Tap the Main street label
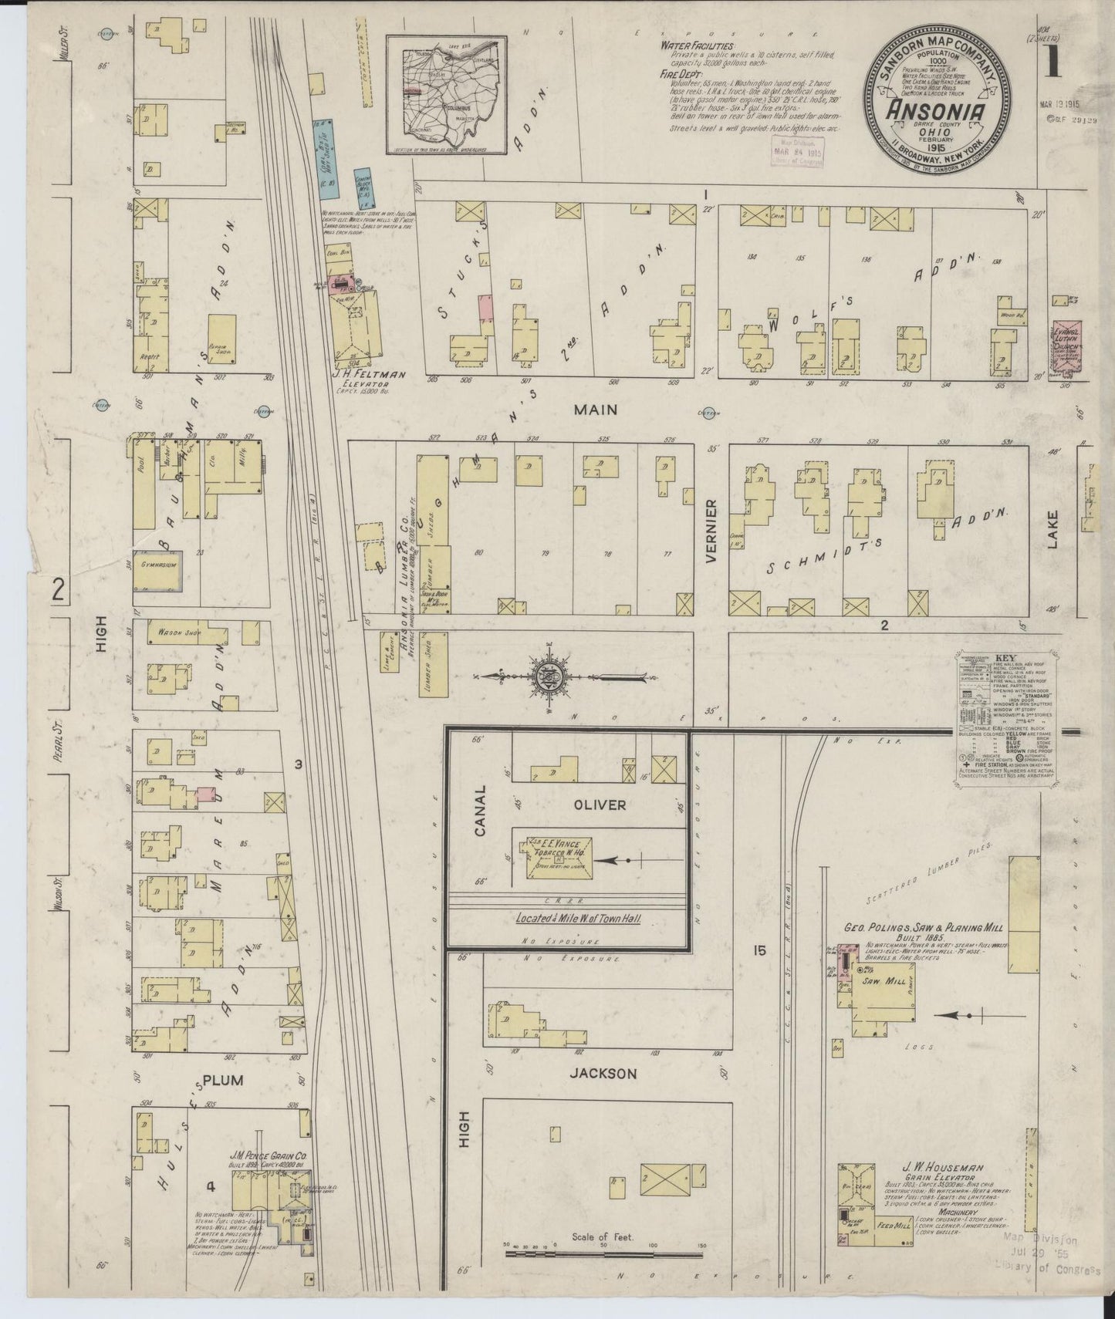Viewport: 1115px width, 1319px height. [595, 409]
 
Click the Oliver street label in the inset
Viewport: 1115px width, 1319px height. [600, 805]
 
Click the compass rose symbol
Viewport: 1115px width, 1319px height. [549, 677]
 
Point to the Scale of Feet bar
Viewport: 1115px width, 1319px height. [603, 1276]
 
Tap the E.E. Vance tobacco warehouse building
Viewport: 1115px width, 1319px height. [559, 855]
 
